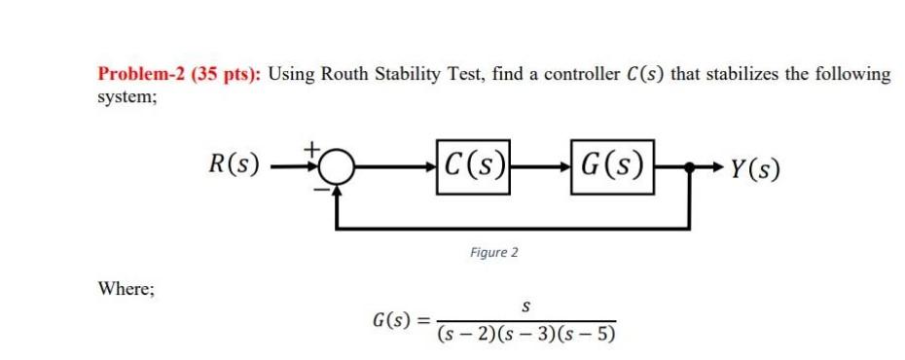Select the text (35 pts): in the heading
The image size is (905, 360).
point(226,74)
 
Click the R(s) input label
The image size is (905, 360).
point(235,165)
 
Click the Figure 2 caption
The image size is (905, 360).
point(493,252)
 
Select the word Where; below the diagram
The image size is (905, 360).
point(125,288)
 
